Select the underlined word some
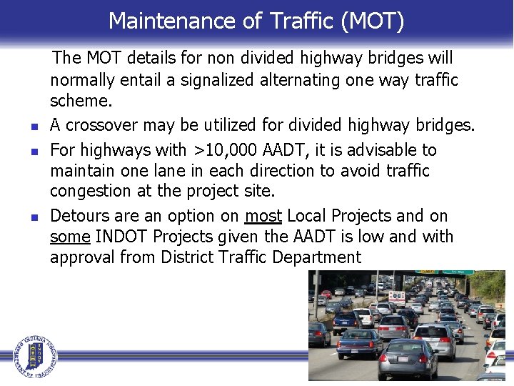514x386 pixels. [x=70, y=237]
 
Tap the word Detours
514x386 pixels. [x=80, y=216]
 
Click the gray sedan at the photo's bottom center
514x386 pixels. [x=407, y=357]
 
